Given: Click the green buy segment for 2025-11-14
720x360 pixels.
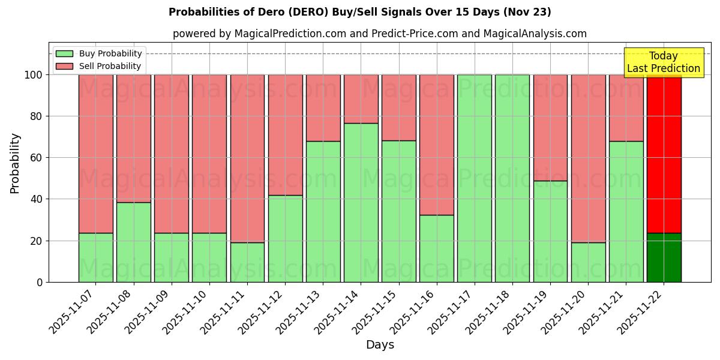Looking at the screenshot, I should tap(361, 202).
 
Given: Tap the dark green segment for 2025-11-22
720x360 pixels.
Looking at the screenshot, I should tap(664, 257).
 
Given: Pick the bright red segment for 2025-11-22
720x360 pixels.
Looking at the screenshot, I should tap(664, 154).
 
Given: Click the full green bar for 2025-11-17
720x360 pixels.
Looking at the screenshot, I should tap(474, 178).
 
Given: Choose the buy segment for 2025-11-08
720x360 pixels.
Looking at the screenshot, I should tap(133, 242).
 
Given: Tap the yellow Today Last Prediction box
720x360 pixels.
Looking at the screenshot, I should tap(663, 62).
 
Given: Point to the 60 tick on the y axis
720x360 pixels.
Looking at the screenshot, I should tap(37, 158).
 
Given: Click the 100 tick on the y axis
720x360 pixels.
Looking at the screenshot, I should tap(34, 75).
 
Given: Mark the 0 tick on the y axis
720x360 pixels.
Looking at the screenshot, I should tap(40, 282).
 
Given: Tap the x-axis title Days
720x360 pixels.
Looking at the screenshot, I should tap(380, 344).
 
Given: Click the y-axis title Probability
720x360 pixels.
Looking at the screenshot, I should tap(15, 163).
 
